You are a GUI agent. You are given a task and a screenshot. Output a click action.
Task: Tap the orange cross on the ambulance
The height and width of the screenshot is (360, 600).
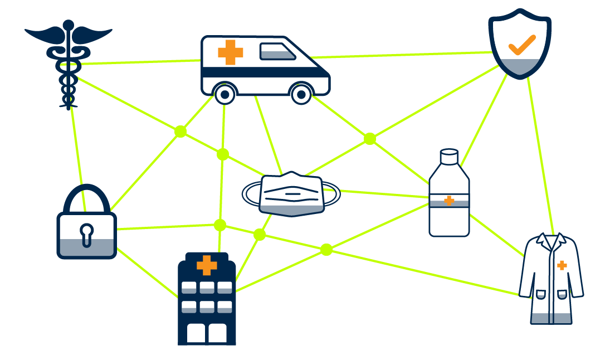(x=230, y=52)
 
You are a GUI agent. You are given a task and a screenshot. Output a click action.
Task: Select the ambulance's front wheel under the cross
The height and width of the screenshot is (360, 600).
(x=225, y=95)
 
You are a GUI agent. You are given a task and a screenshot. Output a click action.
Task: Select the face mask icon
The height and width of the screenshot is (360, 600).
(x=291, y=193)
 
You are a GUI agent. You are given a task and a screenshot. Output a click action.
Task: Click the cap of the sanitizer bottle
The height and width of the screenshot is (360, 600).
(x=448, y=157)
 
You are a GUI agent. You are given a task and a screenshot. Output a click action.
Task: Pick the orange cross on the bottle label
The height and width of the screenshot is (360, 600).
(x=449, y=201)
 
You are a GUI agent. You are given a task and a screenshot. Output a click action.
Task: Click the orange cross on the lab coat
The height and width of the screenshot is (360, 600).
(x=562, y=265)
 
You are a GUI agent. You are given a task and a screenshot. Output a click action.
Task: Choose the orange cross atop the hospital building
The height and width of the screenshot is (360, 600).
(x=207, y=266)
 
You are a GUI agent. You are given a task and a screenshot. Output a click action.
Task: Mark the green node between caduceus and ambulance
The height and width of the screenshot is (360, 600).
(x=180, y=132)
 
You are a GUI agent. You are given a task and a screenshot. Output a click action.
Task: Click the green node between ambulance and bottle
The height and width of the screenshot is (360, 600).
(x=369, y=138)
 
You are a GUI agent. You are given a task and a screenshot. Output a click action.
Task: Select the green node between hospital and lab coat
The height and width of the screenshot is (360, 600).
(x=326, y=250)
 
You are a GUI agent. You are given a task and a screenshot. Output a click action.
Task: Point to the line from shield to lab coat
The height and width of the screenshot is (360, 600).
(x=540, y=156)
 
